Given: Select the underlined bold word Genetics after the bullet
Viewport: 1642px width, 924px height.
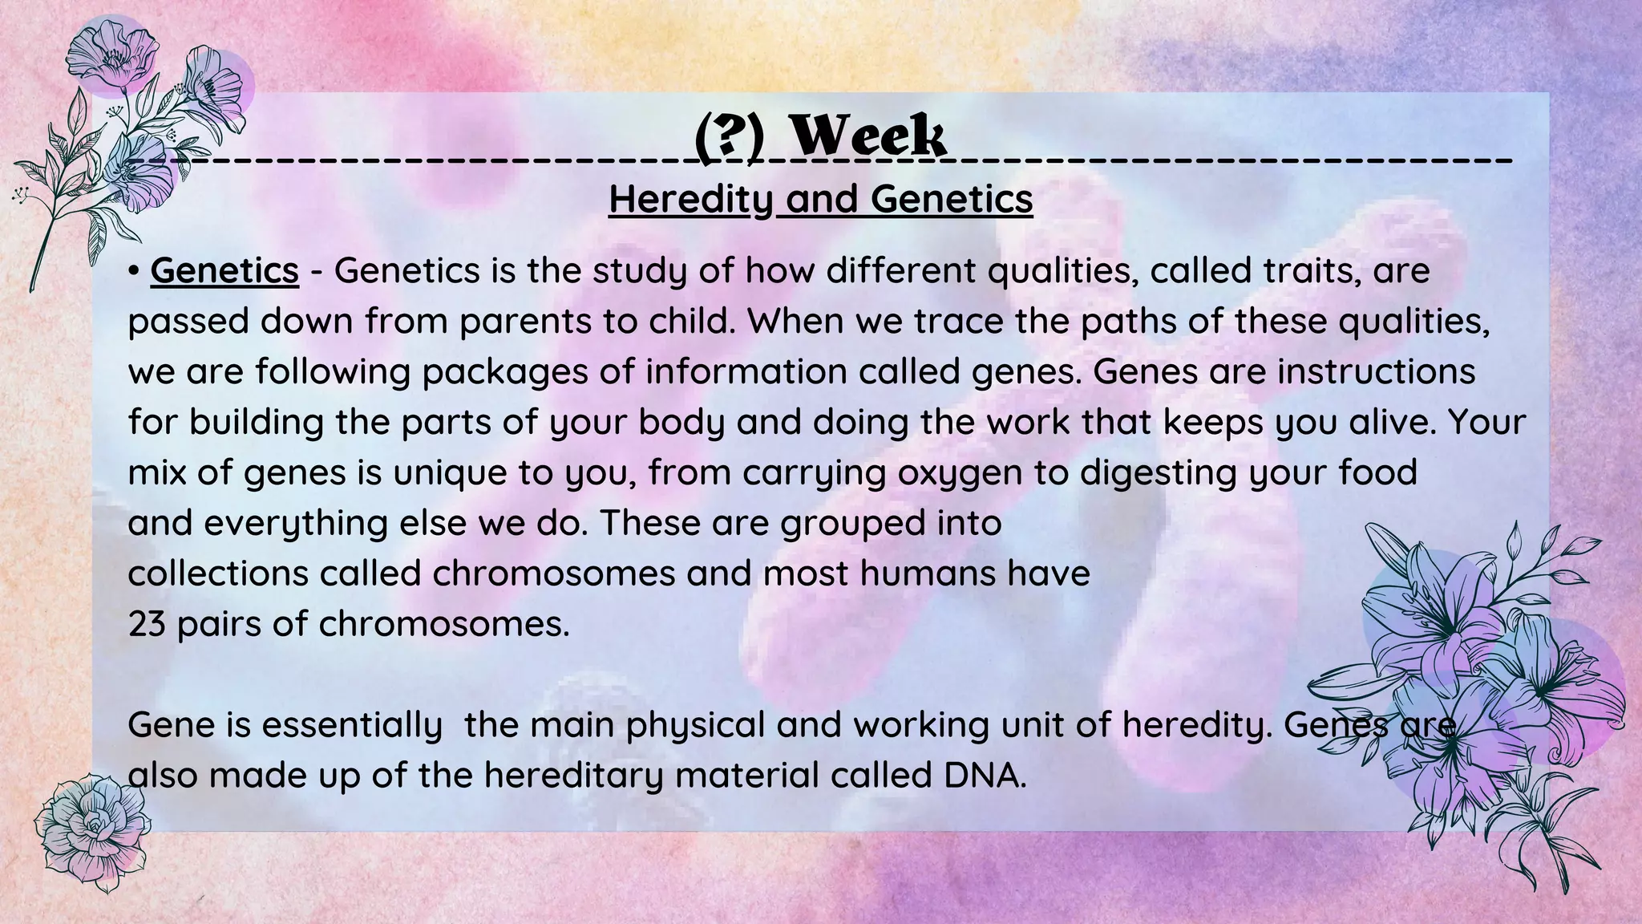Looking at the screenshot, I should (x=224, y=270).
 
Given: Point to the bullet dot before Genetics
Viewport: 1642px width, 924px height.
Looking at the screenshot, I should (x=134, y=272).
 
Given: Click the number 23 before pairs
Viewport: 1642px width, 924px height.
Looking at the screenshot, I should (x=146, y=623).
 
